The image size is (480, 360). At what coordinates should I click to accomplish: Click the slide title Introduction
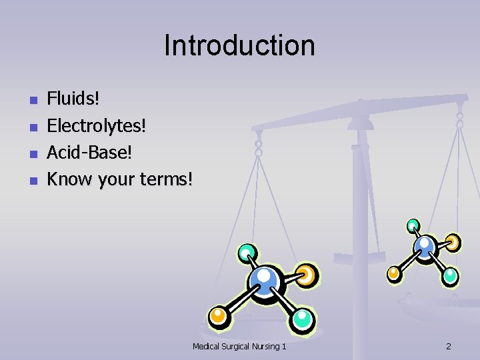(239, 46)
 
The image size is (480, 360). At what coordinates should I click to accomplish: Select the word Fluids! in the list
(73, 99)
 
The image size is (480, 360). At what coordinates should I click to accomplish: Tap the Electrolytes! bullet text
(96, 125)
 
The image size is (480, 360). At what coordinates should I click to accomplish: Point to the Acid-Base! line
(89, 152)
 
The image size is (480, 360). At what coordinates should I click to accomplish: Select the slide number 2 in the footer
(448, 346)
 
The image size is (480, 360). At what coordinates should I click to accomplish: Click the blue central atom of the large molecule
(265, 281)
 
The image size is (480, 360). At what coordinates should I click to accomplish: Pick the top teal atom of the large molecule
(247, 253)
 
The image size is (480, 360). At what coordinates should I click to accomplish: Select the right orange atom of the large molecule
(307, 274)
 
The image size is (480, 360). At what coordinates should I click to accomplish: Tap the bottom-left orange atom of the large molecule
(217, 316)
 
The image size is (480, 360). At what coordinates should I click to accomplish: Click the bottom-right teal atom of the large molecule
(303, 319)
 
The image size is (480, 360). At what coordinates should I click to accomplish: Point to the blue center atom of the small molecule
(424, 247)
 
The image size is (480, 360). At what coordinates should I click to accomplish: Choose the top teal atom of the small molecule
(413, 225)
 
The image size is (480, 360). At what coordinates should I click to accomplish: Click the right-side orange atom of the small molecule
(453, 241)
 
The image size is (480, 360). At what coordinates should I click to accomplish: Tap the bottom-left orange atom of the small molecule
(394, 272)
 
